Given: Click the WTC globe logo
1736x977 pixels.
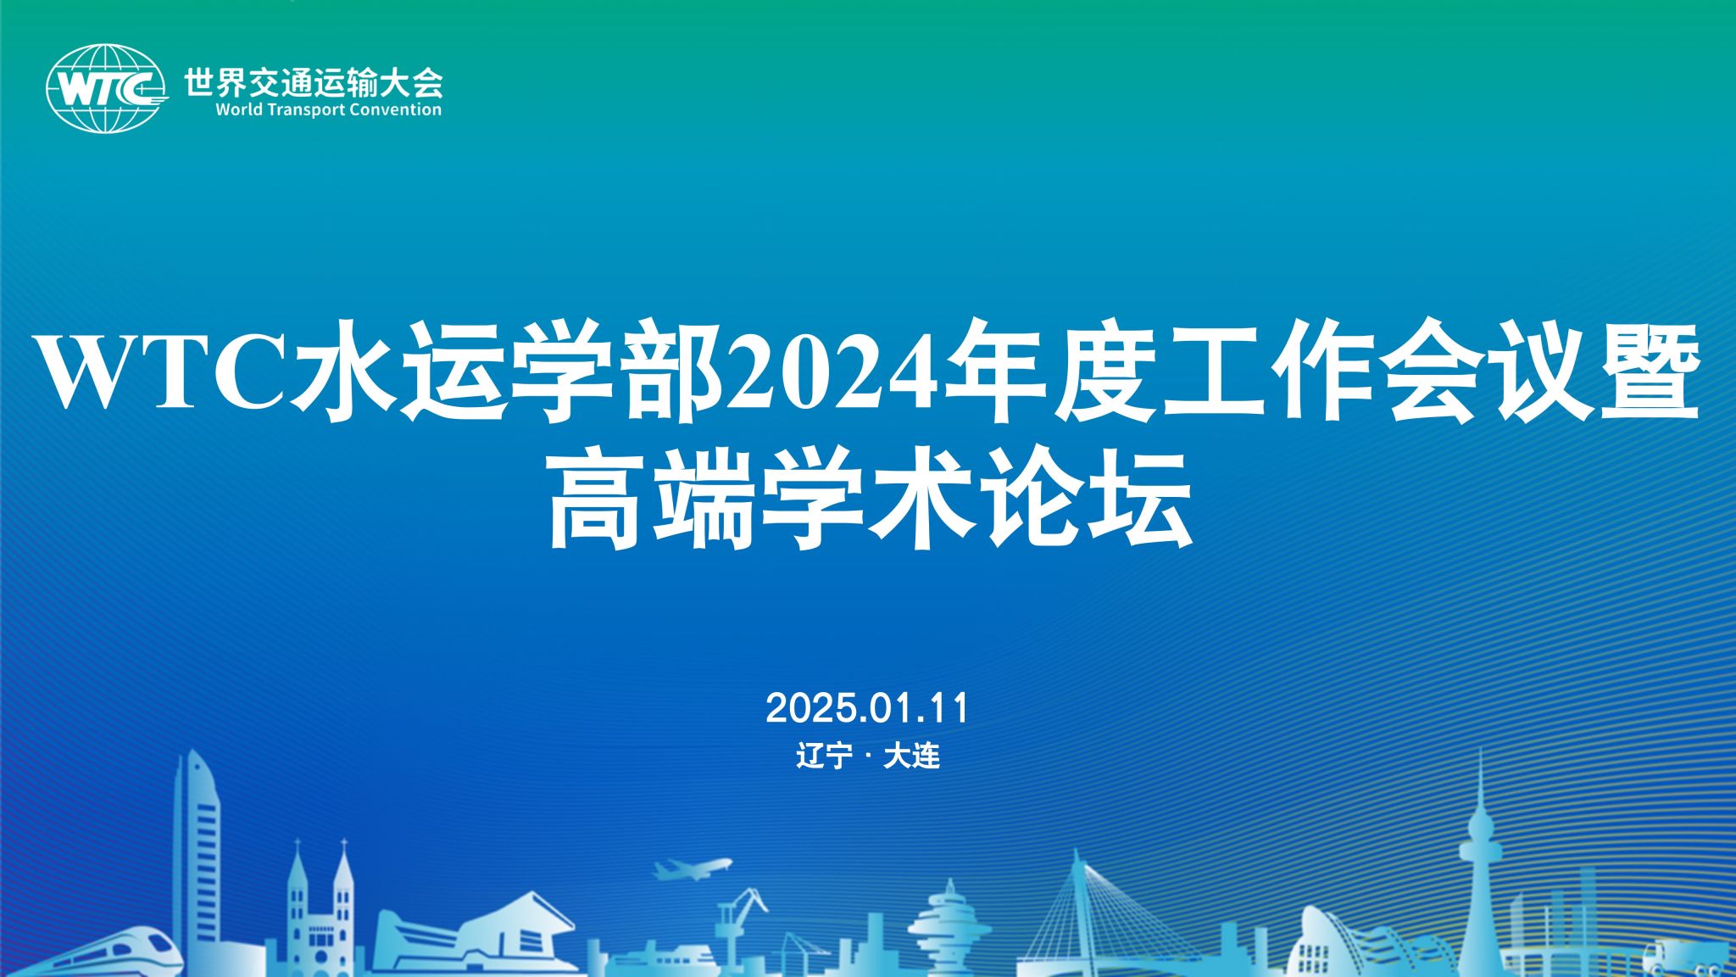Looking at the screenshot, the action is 106,88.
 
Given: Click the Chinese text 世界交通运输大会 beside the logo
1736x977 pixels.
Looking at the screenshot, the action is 314,82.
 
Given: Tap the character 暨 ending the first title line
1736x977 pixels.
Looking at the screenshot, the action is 1650,371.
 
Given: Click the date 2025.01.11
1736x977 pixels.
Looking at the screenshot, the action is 867,708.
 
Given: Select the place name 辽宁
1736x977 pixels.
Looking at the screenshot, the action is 824,756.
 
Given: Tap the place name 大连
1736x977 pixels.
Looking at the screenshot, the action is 912,756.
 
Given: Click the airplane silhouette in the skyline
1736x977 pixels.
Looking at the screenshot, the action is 692,868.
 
